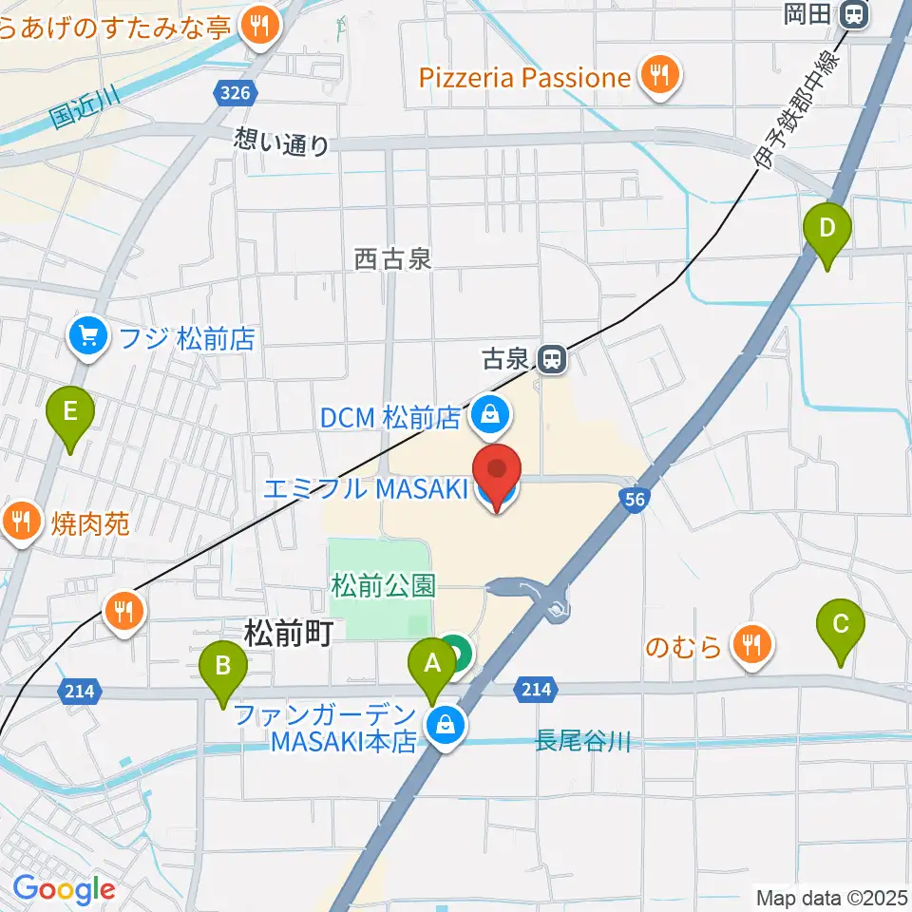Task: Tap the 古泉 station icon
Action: point(550,359)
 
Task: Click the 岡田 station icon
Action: point(856,15)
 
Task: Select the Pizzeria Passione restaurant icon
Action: point(657,77)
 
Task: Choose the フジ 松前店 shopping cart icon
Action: point(88,336)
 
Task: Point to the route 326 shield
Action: point(234,93)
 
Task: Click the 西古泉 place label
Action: point(393,258)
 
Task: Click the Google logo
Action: point(64,890)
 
